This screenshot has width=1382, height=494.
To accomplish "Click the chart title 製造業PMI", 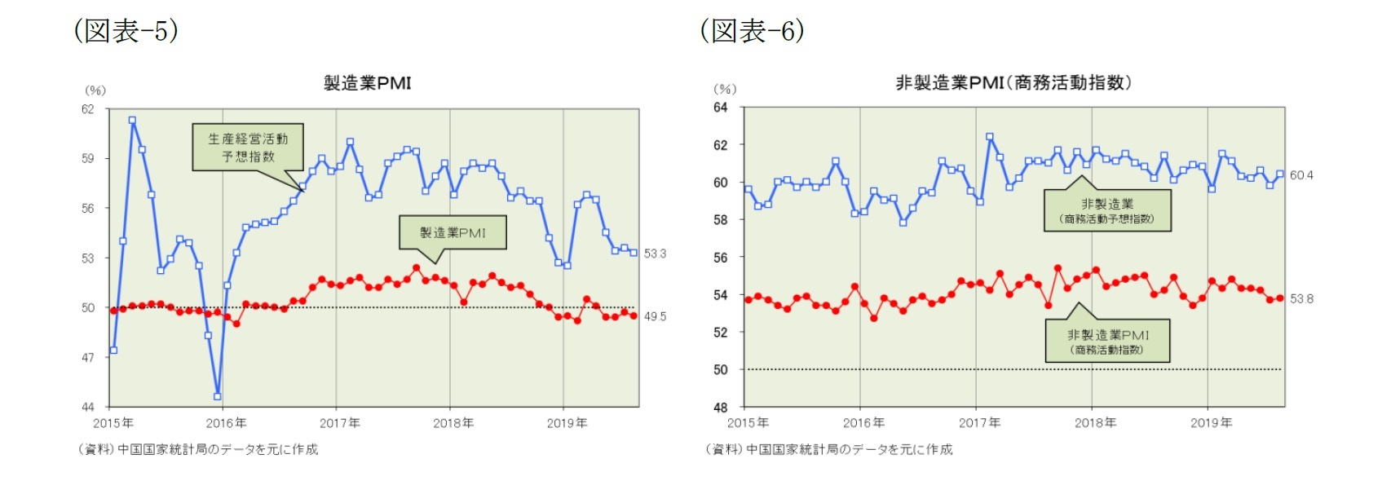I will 367,82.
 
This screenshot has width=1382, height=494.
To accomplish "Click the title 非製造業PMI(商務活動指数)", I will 1013,82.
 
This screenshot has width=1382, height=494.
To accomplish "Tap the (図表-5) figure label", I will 126,31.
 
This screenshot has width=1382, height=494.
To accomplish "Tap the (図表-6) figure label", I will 753,31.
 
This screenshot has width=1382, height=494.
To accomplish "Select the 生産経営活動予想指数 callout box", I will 248,147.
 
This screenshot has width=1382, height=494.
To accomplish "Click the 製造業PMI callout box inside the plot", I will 453,232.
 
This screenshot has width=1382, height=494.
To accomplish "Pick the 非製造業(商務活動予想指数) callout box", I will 1107,210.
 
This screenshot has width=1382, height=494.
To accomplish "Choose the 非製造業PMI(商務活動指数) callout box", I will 1107,342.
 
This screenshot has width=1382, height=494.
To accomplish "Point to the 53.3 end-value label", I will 655,254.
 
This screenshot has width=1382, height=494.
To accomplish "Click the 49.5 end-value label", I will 655,316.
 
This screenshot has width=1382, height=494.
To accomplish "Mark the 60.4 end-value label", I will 1301,175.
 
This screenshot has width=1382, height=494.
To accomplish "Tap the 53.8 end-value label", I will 1301,299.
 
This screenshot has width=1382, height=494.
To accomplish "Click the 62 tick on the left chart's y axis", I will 87,109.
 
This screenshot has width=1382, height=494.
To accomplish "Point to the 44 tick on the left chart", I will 87,407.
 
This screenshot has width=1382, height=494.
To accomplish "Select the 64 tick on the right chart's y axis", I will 721,108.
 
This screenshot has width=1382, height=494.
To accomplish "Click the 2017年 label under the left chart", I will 339,423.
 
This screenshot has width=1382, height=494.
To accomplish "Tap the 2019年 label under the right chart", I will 1211,422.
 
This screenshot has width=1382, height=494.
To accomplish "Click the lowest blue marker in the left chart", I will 218,396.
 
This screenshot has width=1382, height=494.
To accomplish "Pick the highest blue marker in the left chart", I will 132,121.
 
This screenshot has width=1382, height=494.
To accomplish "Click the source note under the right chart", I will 829,449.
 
